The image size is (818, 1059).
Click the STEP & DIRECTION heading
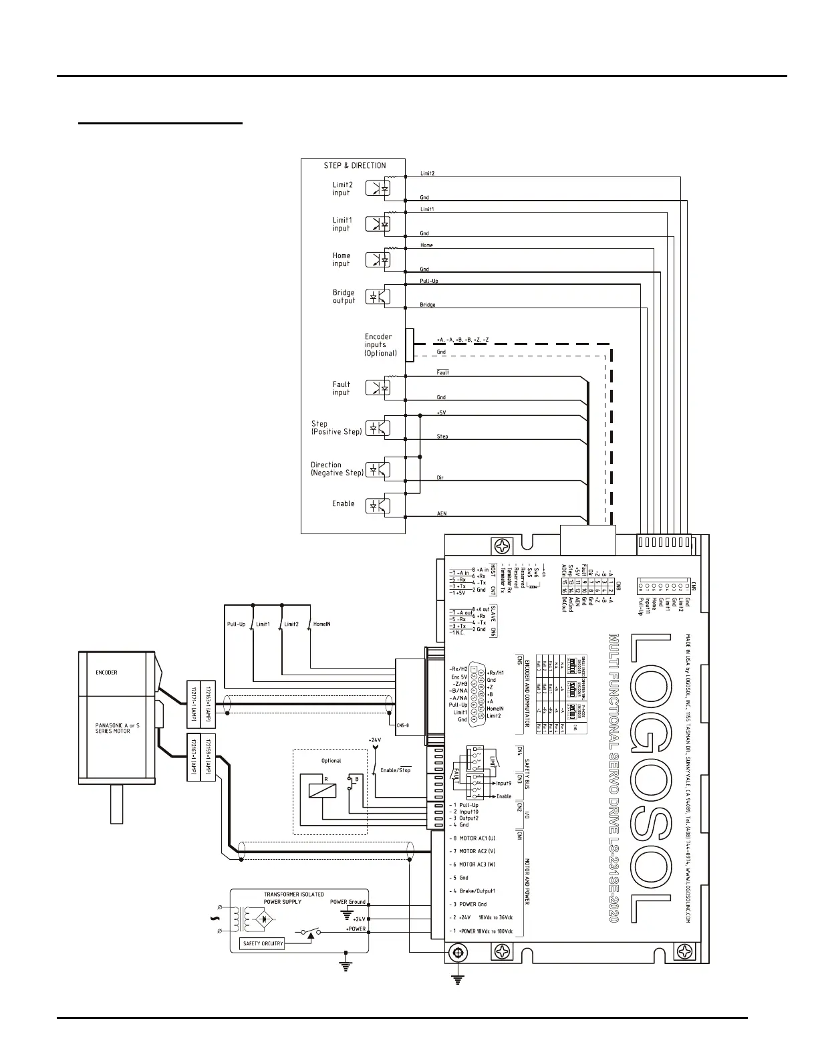click(355, 165)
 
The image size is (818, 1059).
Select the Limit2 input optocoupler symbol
click(378, 189)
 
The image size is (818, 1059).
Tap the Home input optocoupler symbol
click(378, 259)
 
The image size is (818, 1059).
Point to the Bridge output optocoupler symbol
click(378, 296)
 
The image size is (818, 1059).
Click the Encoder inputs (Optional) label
click(380, 345)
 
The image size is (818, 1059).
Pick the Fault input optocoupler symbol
click(378, 388)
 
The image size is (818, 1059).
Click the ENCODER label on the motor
click(106, 673)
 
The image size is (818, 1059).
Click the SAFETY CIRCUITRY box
click(263, 944)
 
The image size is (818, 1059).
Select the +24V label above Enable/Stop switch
click(374, 740)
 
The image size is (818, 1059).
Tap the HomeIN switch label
click(322, 624)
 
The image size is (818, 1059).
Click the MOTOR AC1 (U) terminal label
click(477, 838)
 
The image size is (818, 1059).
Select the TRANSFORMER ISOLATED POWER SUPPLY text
click(294, 898)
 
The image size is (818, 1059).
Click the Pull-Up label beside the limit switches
click(236, 624)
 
